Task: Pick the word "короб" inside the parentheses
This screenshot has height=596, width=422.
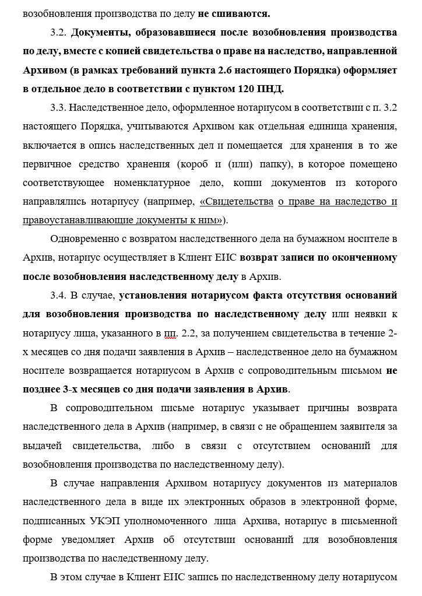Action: (x=195, y=164)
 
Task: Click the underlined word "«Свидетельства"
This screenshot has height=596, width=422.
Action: (x=237, y=202)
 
